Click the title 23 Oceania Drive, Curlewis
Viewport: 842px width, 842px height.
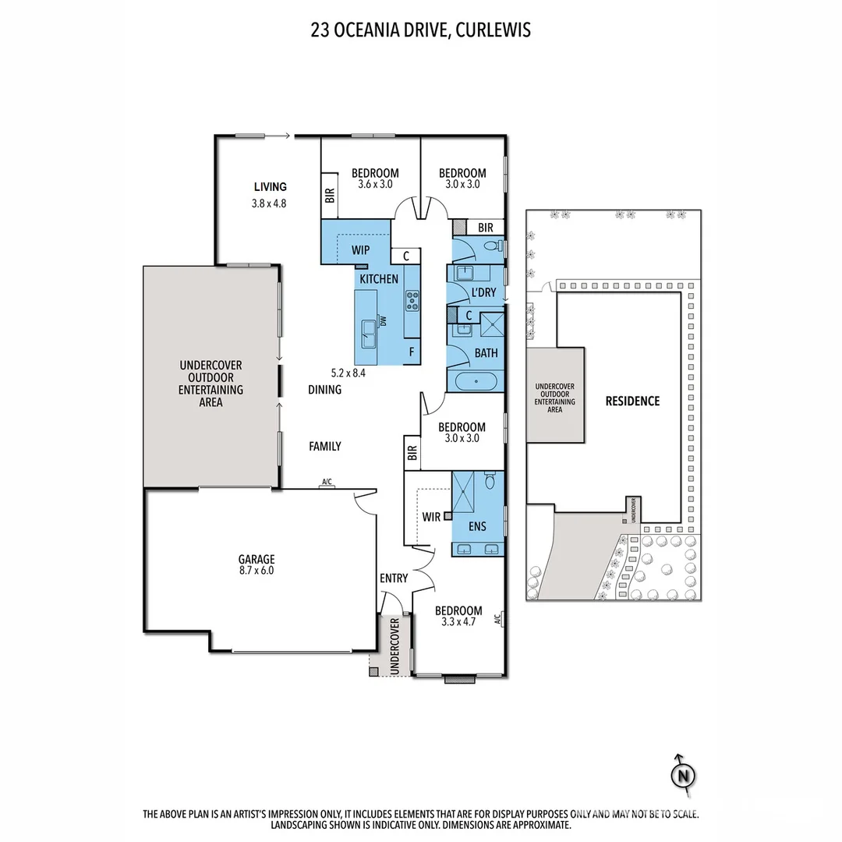click(421, 30)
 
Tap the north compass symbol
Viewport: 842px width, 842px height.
click(683, 775)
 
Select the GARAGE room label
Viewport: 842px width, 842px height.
click(256, 559)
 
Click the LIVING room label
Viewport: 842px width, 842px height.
click(271, 186)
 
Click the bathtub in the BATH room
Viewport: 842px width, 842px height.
click(475, 382)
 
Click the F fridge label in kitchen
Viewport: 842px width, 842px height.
click(411, 352)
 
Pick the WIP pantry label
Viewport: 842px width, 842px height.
click(361, 251)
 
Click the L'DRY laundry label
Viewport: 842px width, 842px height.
click(484, 292)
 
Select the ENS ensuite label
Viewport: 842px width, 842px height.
click(477, 527)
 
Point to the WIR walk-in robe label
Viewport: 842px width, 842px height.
click(432, 516)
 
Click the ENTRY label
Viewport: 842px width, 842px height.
click(394, 578)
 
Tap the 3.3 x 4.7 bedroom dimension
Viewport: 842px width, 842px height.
click(458, 623)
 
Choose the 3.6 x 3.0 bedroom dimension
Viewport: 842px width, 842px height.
click(375, 185)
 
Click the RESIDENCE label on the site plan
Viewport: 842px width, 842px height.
click(632, 401)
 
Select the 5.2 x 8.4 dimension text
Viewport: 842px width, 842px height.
click(348, 372)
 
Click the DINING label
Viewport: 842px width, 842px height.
click(324, 389)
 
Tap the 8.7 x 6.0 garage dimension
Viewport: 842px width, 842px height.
click(256, 571)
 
